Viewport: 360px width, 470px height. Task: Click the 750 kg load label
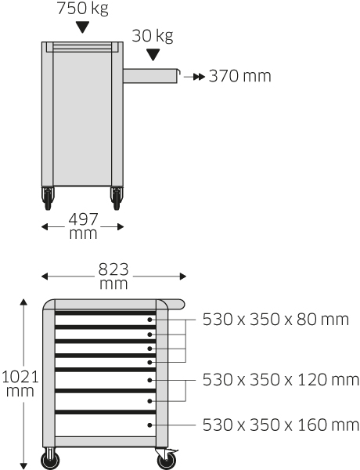pyautogui.click(x=82, y=8)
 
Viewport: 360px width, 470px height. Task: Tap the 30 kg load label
pyautogui.click(x=153, y=36)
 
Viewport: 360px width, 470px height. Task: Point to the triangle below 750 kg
pyautogui.click(x=82, y=27)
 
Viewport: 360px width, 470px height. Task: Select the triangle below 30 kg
pyautogui.click(x=153, y=55)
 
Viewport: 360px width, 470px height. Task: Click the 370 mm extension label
pyautogui.click(x=240, y=76)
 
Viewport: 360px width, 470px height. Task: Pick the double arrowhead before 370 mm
pyautogui.click(x=199, y=77)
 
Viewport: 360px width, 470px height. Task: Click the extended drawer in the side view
pyautogui.click(x=151, y=76)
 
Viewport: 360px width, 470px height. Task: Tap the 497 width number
pyautogui.click(x=83, y=219)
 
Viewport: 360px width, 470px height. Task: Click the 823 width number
pyautogui.click(x=113, y=269)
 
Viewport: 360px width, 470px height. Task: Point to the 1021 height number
pyautogui.click(x=20, y=377)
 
